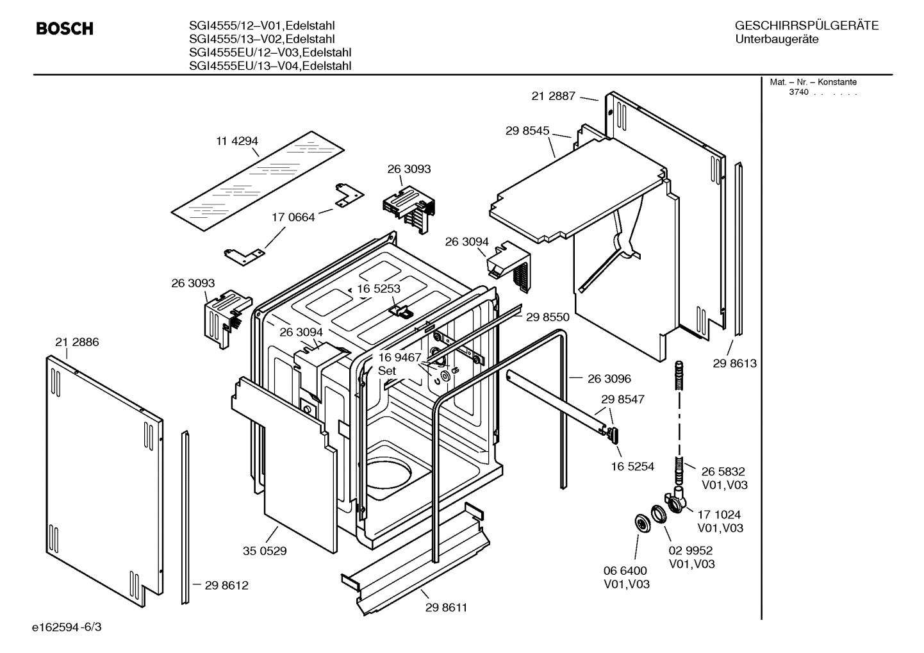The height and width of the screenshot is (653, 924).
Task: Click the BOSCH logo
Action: [x=65, y=29]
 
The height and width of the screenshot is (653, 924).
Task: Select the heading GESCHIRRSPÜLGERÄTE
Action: [x=806, y=26]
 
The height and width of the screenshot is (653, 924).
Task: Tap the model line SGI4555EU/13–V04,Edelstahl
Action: [x=270, y=66]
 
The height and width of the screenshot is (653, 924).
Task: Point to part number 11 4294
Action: [x=237, y=141]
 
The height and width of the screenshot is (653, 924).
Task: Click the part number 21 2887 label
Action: [x=553, y=96]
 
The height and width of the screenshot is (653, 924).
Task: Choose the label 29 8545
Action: [x=527, y=131]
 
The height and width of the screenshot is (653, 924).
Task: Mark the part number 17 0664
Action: [x=293, y=217]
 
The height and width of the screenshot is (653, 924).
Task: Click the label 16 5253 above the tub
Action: [x=379, y=288]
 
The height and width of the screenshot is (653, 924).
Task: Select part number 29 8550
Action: [x=547, y=317]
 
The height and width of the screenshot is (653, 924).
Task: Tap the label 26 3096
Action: [x=609, y=379]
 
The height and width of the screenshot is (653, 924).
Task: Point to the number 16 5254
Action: [x=632, y=467]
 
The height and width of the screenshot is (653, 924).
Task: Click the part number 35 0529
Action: [x=265, y=550]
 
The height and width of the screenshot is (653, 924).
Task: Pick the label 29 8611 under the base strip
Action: [x=446, y=608]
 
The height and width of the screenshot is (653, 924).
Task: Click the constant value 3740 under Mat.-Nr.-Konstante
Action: [x=798, y=92]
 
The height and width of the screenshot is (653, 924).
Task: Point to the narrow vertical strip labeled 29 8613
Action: [x=739, y=250]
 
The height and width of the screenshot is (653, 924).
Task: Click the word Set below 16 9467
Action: [x=386, y=371]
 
